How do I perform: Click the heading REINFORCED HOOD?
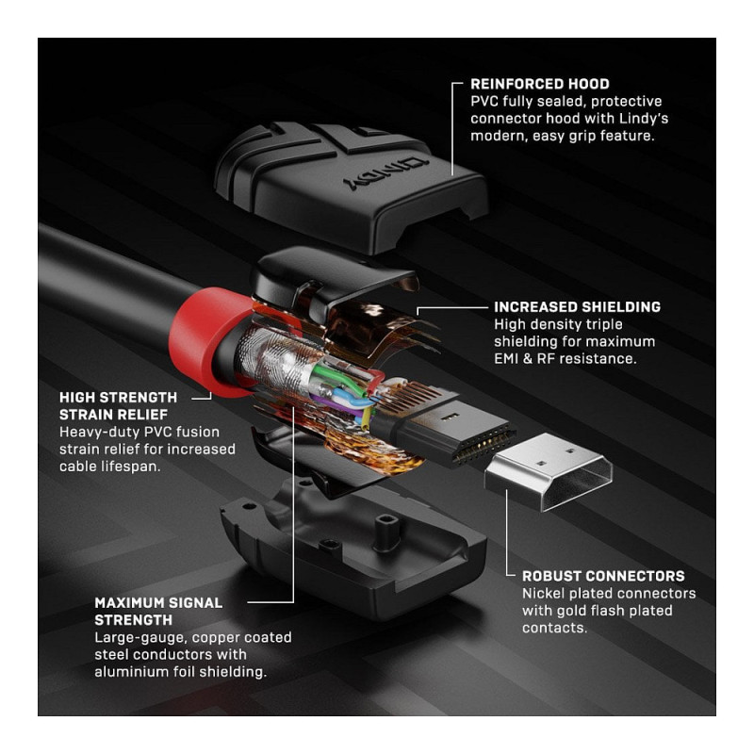click(539, 84)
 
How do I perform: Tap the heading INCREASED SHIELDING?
click(577, 307)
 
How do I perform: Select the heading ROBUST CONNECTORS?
click(603, 576)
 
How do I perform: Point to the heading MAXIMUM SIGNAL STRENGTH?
click(158, 611)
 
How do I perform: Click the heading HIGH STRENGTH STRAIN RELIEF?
click(119, 406)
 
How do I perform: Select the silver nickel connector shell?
click(549, 471)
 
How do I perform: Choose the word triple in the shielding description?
click(606, 324)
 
